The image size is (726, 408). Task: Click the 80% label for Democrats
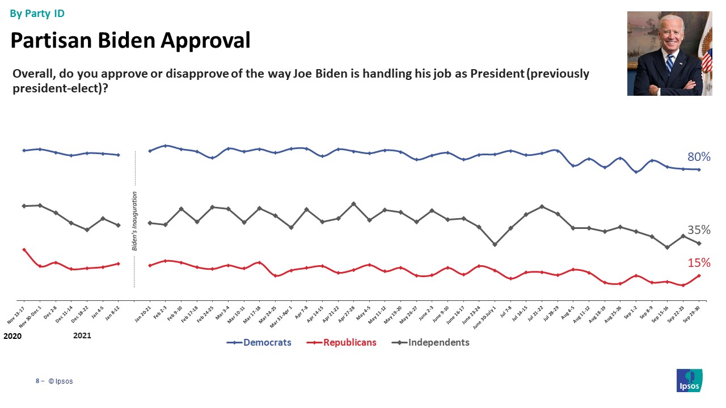pos(699,157)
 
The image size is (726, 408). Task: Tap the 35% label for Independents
pos(699,230)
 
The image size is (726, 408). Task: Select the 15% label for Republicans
pos(699,263)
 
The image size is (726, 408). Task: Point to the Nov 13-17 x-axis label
pos(15,313)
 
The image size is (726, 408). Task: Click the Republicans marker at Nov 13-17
pos(24,249)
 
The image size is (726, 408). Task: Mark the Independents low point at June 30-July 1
pos(495,245)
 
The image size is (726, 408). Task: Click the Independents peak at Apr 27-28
pos(354,203)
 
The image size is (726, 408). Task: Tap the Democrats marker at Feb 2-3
pos(165,146)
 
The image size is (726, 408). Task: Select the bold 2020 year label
pos(12,336)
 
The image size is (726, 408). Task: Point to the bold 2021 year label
pos(82,335)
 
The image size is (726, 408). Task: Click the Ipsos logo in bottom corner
pos(690,380)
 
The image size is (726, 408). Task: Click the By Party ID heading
pos(37,14)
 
